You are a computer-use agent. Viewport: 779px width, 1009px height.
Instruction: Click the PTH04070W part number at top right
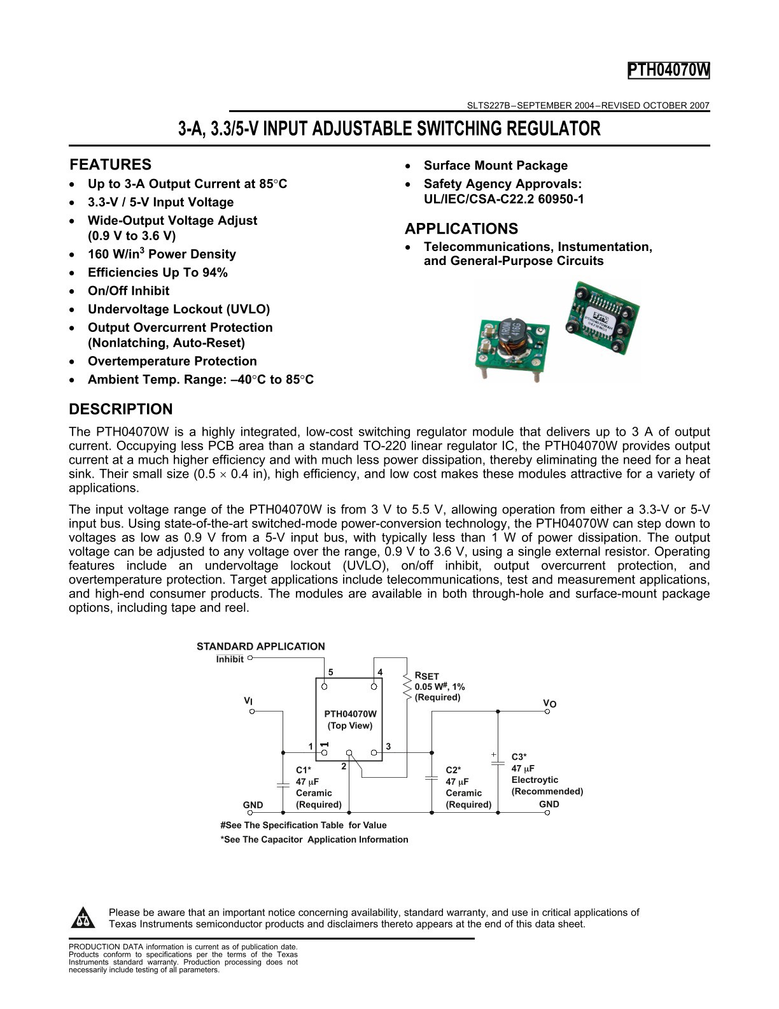[668, 71]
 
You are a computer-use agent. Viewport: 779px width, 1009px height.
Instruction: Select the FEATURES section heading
[110, 164]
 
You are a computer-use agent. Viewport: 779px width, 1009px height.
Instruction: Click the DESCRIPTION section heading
[120, 409]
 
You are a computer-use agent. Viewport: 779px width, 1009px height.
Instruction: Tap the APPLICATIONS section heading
[461, 229]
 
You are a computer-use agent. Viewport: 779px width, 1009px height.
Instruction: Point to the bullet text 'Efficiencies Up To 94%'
[157, 273]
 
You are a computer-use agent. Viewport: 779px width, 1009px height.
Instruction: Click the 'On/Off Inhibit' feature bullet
[128, 291]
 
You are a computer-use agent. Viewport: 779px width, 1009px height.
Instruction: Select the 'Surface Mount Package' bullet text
[495, 166]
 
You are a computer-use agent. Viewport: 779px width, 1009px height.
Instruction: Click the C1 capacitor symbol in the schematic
[283, 783]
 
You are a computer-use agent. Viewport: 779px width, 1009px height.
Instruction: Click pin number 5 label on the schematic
[330, 673]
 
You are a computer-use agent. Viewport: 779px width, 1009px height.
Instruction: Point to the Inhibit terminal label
[230, 659]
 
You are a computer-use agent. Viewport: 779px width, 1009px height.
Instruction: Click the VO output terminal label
[549, 703]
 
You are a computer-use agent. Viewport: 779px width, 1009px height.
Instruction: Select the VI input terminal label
[248, 701]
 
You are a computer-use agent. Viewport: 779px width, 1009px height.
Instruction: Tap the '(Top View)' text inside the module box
[350, 726]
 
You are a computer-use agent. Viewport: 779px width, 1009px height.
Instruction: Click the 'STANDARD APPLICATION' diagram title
[260, 647]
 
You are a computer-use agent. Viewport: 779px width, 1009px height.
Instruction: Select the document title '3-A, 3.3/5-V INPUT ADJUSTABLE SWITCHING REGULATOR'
[389, 129]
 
